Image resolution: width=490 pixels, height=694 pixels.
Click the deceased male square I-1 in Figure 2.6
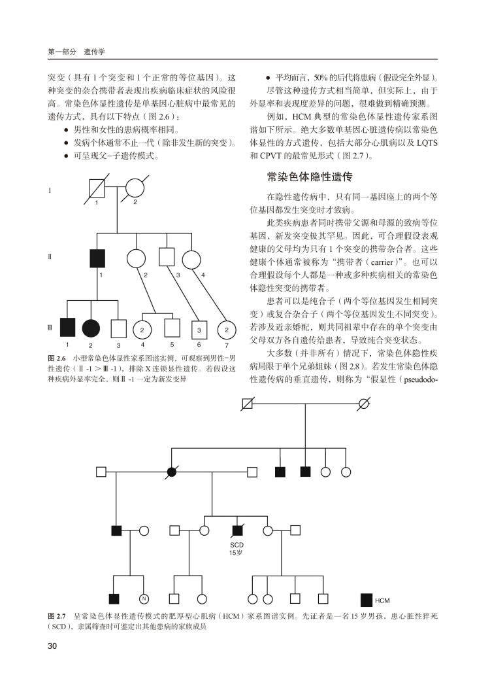click(x=98, y=188)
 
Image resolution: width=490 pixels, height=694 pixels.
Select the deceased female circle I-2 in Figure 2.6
click(x=135, y=188)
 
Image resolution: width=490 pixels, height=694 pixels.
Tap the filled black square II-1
click(x=98, y=259)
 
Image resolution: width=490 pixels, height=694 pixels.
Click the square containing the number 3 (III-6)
click(x=199, y=330)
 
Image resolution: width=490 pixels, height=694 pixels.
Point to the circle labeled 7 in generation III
click(x=227, y=330)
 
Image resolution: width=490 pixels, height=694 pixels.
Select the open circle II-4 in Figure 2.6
click(x=191, y=259)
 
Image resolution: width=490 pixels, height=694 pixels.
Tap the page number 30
click(x=54, y=647)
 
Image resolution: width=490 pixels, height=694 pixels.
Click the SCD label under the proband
click(x=237, y=544)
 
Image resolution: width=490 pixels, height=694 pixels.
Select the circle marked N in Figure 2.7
click(x=144, y=598)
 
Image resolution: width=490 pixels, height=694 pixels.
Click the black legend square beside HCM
click(x=367, y=599)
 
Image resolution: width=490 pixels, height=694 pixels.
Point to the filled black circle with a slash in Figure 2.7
click(x=172, y=471)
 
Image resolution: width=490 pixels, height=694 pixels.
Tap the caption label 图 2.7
click(x=57, y=616)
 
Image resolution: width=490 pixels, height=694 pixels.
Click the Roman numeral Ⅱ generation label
click(x=50, y=257)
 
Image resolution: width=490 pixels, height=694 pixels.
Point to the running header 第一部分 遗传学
click(x=77, y=50)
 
